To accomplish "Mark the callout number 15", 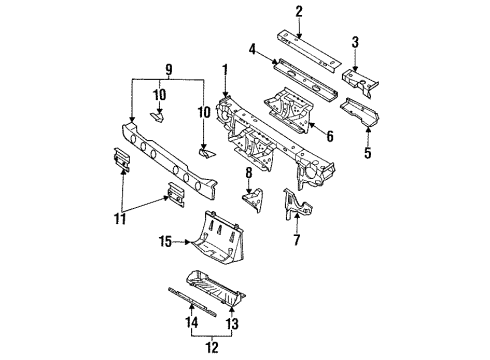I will point(165,240).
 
